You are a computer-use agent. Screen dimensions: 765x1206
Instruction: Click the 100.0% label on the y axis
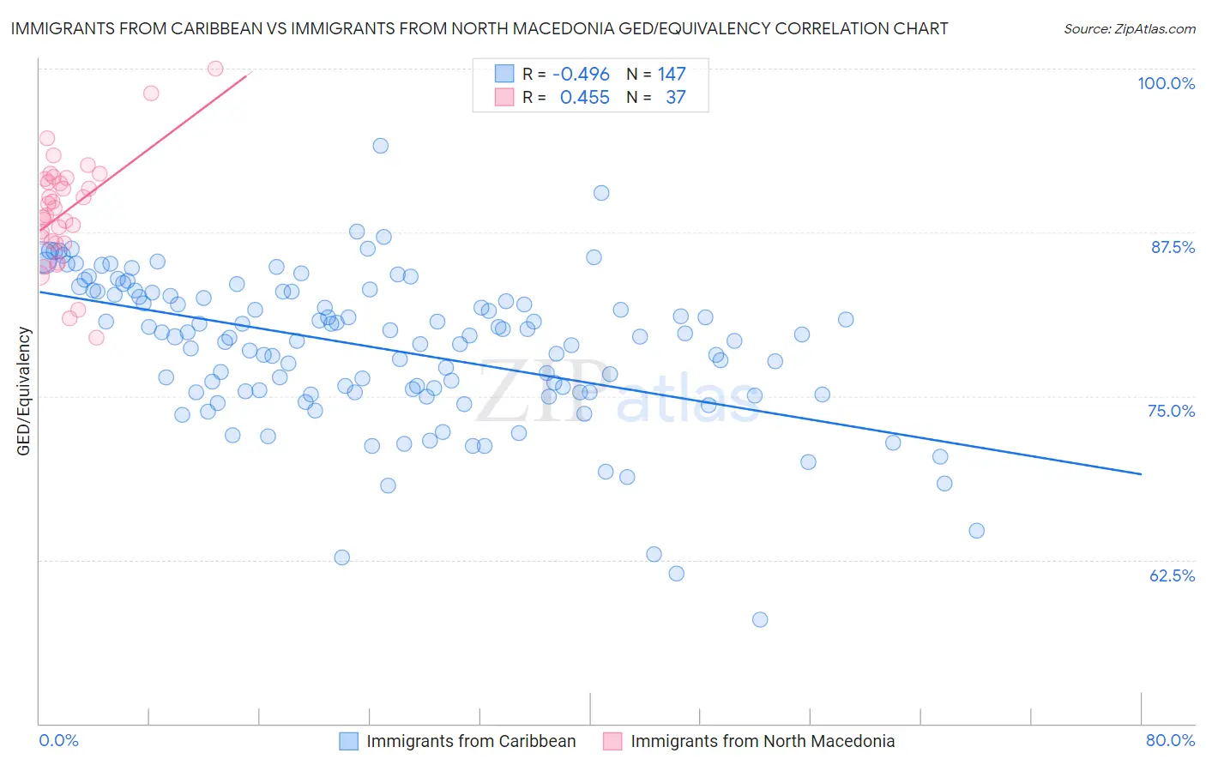coord(1166,83)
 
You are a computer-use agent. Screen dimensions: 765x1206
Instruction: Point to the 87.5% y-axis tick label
coord(1173,247)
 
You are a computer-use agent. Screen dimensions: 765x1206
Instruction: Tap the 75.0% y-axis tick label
coord(1171,411)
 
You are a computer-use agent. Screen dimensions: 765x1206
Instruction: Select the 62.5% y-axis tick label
coord(1172,575)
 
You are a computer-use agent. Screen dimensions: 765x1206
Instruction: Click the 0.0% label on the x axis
coord(58,740)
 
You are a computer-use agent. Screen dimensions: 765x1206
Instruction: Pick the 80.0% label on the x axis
coord(1170,740)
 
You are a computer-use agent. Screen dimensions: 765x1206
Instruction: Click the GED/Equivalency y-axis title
coord(24,391)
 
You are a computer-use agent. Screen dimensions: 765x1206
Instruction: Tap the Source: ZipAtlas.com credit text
coord(1129,28)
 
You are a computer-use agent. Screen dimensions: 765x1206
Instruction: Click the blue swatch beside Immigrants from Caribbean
coord(348,741)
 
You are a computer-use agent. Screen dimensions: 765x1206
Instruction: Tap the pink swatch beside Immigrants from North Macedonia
coord(612,741)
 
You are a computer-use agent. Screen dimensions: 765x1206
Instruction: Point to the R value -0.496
coord(581,75)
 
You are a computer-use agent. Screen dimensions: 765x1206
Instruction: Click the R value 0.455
coord(584,98)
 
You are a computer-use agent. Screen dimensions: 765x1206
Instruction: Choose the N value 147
coord(672,75)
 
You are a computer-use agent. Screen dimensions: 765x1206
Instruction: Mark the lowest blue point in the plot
coord(760,619)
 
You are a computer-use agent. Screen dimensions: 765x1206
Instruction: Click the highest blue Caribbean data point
coord(381,146)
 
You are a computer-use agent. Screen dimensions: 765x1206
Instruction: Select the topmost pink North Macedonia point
coord(215,69)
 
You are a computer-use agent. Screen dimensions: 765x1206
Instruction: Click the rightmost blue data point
coord(976,531)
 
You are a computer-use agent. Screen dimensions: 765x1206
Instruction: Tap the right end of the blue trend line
coord(1141,473)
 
